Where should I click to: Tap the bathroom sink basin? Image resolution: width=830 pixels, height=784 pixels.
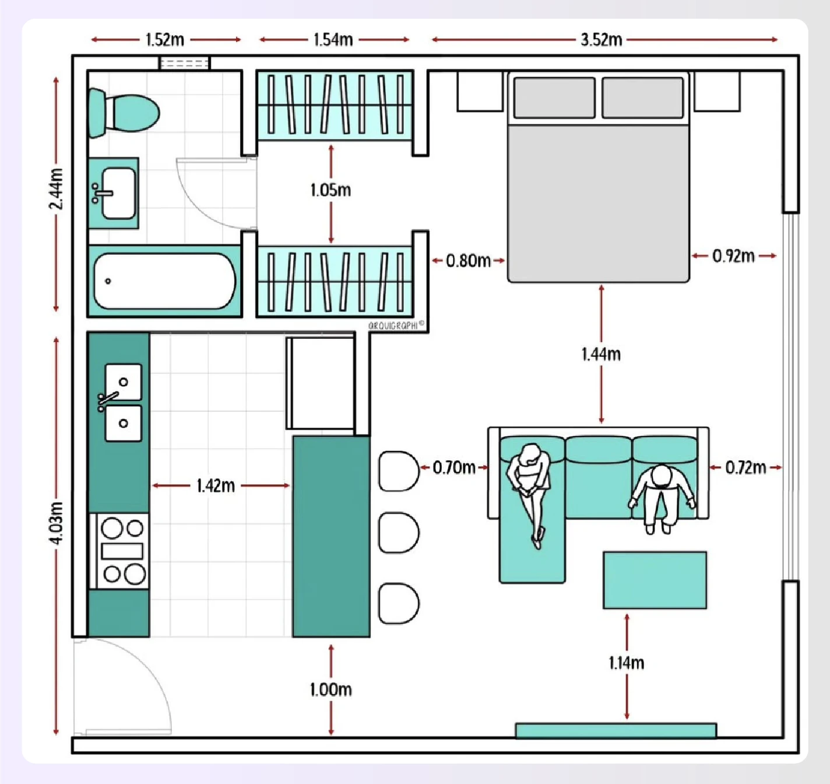pos(119,193)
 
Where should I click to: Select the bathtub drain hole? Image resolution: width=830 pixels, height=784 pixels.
pos(108,281)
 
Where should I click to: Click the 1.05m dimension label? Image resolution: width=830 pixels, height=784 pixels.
pos(330,190)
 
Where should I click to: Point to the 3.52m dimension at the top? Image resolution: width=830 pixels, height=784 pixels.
pos(601,40)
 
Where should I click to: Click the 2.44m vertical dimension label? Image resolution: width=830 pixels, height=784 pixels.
pos(56,189)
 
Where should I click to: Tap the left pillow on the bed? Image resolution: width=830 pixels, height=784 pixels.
pos(554,97)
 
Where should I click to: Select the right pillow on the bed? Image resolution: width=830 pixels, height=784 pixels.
pos(642,97)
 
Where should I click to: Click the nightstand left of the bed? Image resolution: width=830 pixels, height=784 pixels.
pos(480,91)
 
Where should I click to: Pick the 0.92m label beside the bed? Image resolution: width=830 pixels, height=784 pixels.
pos(733,256)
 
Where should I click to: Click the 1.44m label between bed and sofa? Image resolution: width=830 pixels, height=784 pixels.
pos(601,354)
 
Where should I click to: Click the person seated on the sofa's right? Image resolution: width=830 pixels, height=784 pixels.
pos(662,496)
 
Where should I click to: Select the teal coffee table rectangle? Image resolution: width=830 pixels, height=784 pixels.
pos(655,580)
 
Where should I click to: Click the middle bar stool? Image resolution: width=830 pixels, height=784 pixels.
pos(398,533)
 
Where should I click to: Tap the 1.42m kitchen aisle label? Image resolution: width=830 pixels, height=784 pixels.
pos(215,485)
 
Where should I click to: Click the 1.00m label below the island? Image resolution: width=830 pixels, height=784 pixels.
pos(330,689)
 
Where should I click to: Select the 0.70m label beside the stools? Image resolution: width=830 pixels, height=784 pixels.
pos(453,467)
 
